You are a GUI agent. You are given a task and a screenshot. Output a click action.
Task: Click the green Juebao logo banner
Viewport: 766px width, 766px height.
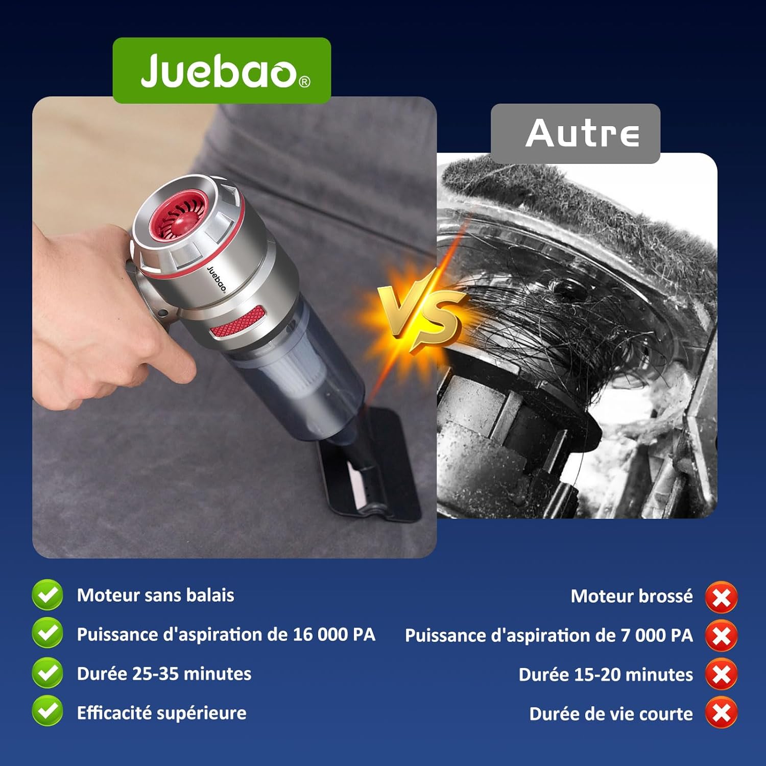pyautogui.click(x=222, y=70)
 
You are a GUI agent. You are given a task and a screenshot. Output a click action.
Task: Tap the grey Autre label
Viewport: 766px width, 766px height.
pyautogui.click(x=576, y=134)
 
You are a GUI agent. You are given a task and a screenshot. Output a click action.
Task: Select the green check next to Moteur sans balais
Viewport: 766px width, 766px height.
pyautogui.click(x=47, y=595)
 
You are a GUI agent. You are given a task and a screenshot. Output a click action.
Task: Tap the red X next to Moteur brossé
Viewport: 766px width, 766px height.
pyautogui.click(x=721, y=597)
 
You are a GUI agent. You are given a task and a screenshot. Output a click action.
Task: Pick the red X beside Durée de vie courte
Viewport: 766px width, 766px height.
pyautogui.click(x=721, y=713)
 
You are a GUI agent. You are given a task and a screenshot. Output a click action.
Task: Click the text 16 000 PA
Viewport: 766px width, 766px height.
pyautogui.click(x=334, y=634)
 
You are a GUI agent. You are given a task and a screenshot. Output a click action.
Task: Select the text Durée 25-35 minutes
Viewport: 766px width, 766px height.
pyautogui.click(x=164, y=674)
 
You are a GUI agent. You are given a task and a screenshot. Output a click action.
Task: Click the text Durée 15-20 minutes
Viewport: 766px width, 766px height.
pyautogui.click(x=606, y=675)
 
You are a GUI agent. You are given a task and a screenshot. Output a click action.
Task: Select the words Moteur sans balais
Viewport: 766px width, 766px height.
pyautogui.click(x=155, y=595)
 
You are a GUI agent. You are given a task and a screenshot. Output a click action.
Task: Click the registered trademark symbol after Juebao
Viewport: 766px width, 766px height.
pyautogui.click(x=304, y=82)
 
